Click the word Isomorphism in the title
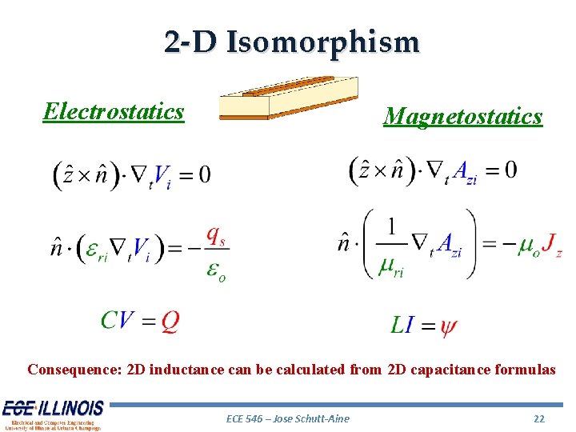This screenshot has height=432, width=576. (x=322, y=42)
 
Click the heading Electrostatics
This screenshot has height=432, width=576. (x=114, y=111)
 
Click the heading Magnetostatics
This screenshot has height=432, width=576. (x=462, y=117)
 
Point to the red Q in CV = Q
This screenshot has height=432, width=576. (x=170, y=321)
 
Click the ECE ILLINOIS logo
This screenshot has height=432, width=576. (x=53, y=414)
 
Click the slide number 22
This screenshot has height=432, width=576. (x=538, y=418)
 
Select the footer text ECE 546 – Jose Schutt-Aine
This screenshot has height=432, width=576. (x=288, y=418)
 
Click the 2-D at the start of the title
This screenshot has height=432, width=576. (x=190, y=42)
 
